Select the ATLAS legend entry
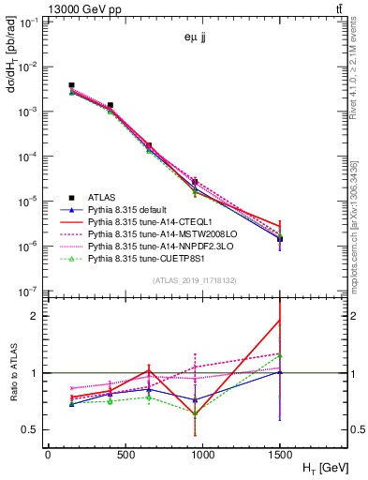tap(102, 197)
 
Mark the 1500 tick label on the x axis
tap(280, 453)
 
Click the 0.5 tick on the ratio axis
tap(32, 430)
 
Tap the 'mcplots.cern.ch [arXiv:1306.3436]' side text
tap(360, 225)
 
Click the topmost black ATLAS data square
tap(71, 85)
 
